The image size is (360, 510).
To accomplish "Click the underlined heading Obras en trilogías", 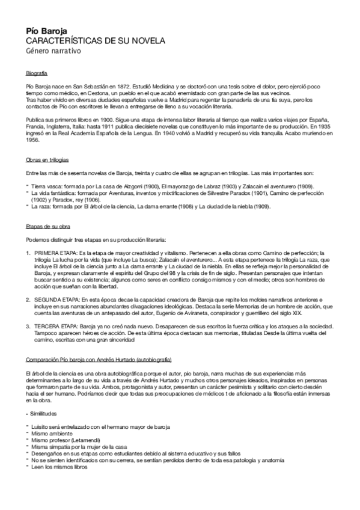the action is [47, 162].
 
